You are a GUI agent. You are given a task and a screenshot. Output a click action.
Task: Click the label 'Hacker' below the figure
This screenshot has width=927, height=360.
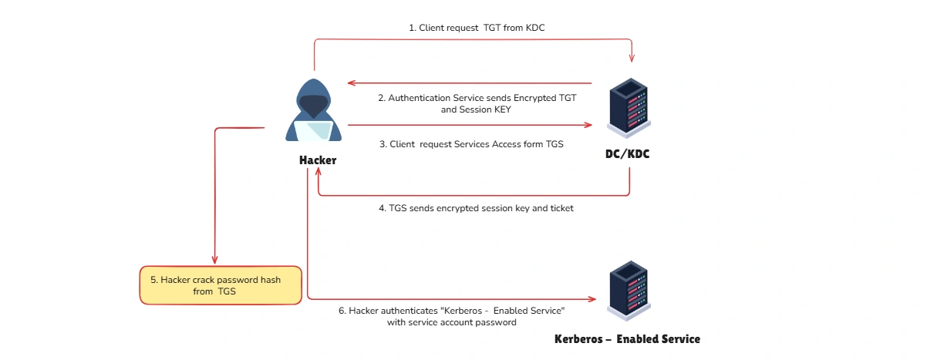click(317, 160)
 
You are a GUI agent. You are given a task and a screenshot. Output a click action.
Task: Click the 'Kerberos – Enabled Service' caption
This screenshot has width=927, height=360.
click(627, 339)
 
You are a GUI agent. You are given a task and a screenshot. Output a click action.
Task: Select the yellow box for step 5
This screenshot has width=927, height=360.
click(220, 285)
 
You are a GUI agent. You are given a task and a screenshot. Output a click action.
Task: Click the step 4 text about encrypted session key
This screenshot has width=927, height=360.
click(476, 208)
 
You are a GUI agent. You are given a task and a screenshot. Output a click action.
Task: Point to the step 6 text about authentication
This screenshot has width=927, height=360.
click(452, 316)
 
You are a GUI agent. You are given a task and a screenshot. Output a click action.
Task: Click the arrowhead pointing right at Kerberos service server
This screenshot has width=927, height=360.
click(592, 299)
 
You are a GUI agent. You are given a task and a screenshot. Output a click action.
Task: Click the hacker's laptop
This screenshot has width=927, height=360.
click(316, 131)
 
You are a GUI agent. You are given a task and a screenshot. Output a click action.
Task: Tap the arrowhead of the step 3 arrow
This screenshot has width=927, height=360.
click(587, 125)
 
